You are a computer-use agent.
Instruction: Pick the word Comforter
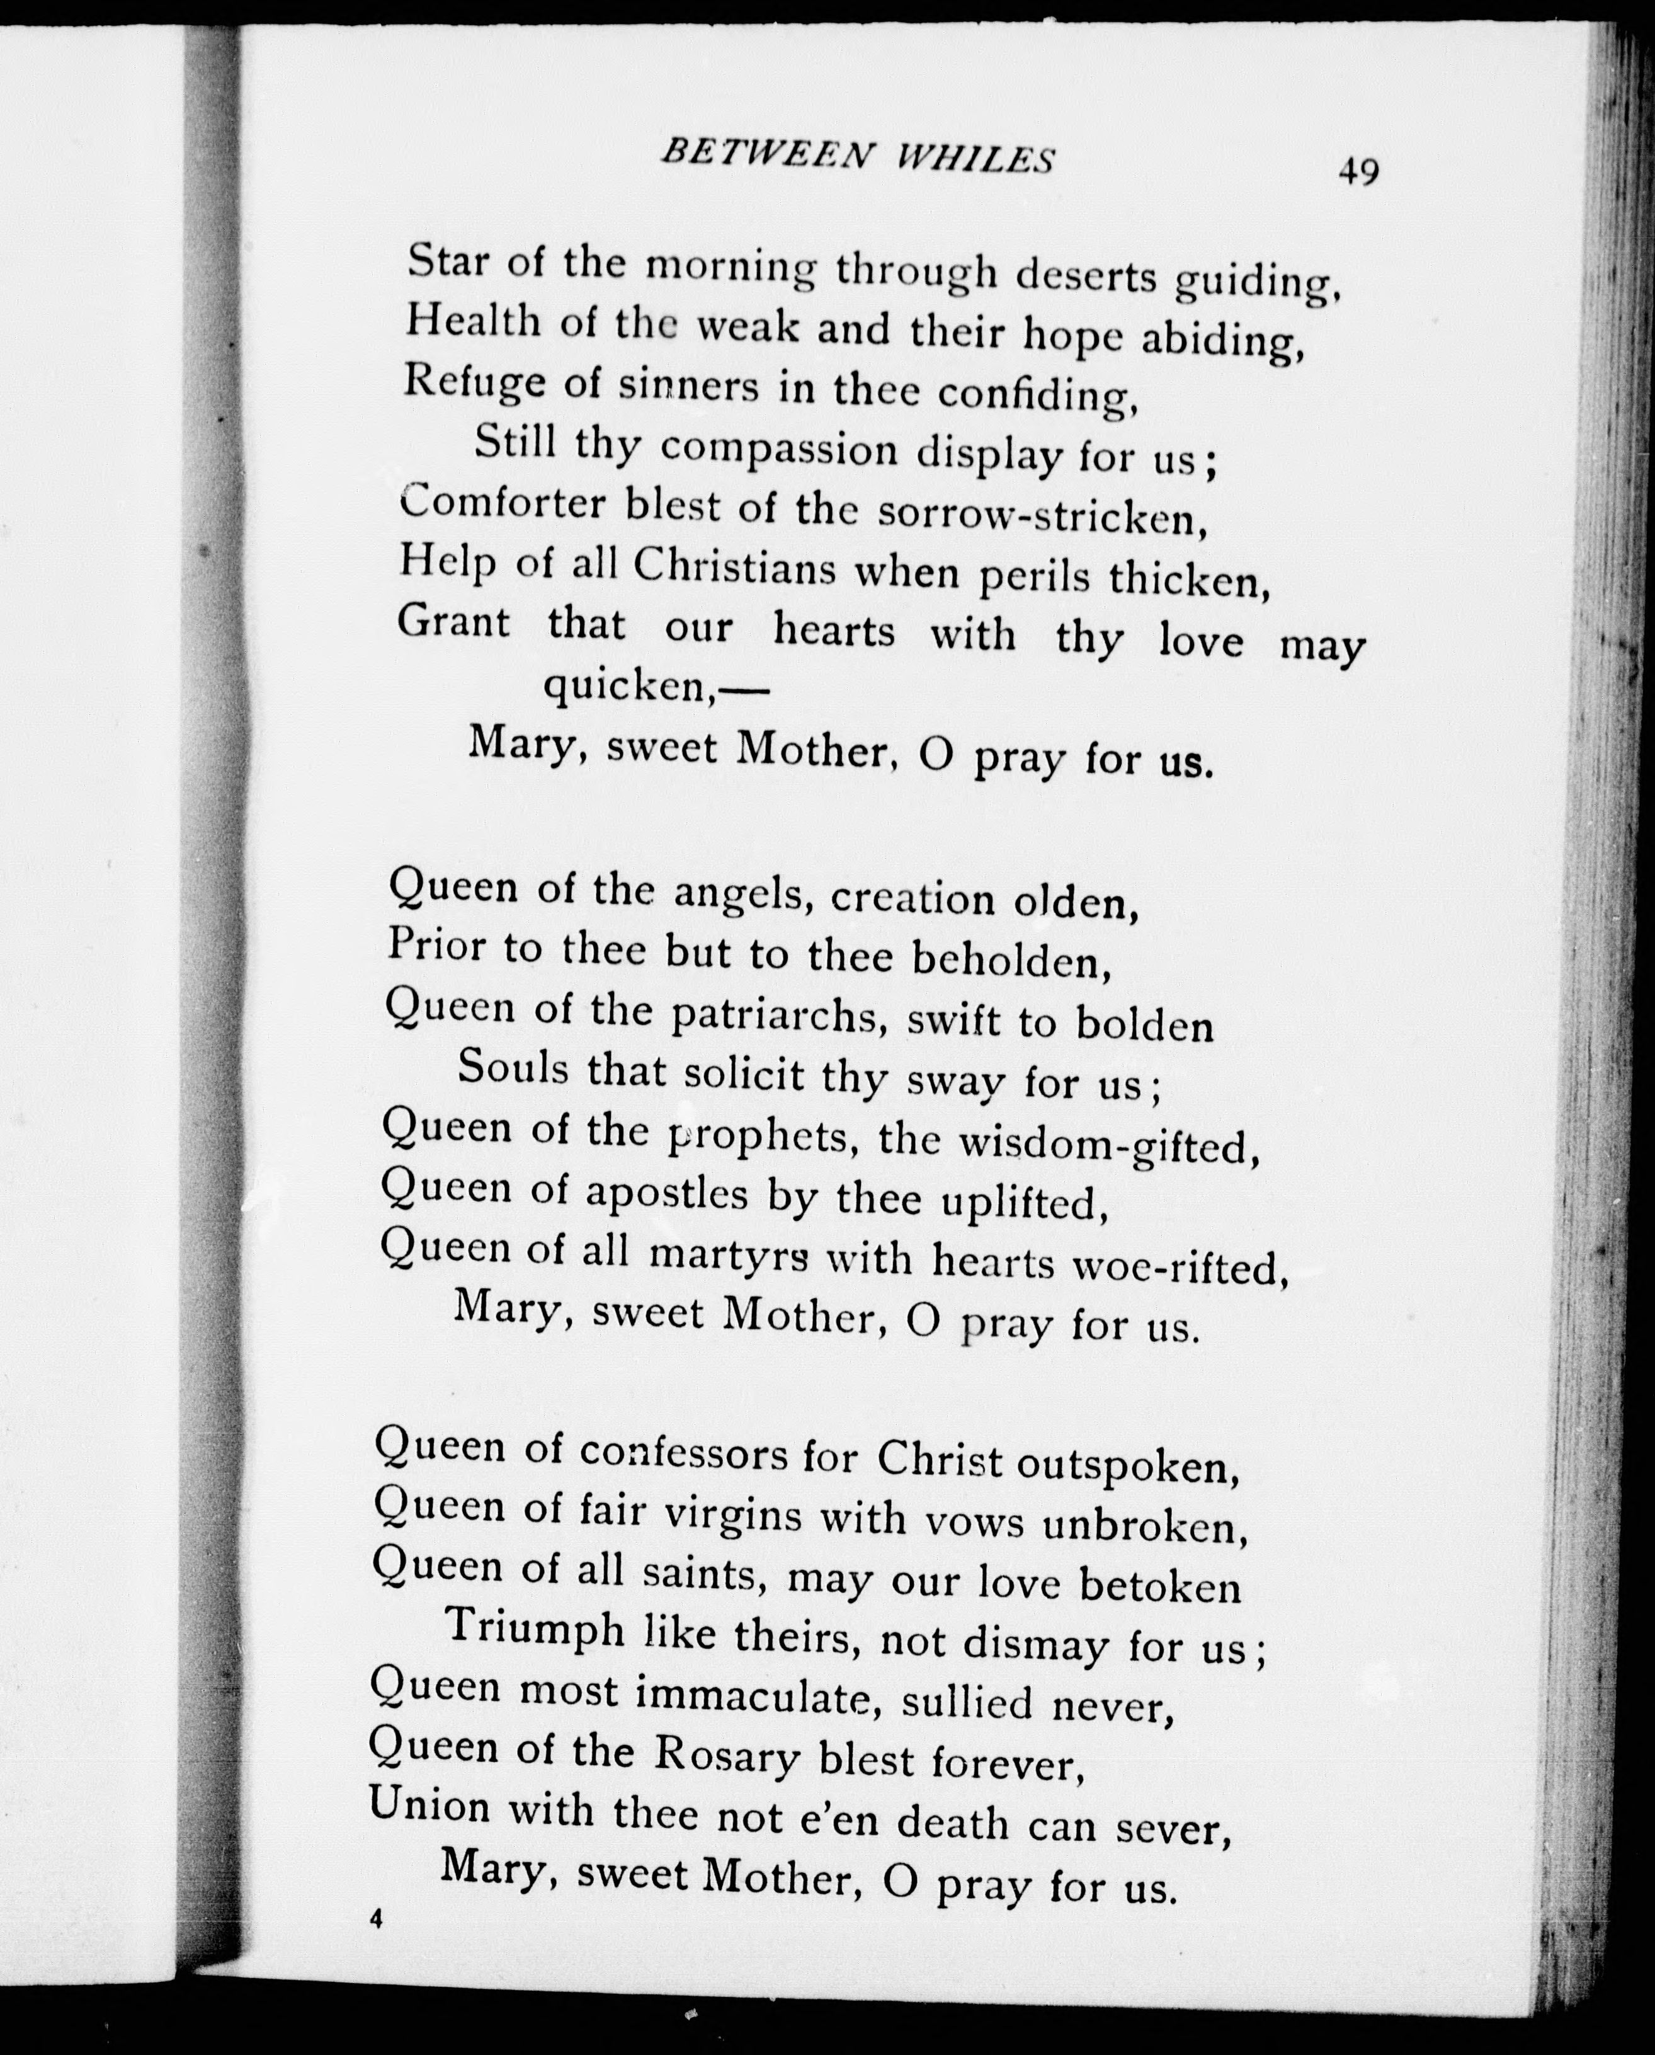[503, 503]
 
